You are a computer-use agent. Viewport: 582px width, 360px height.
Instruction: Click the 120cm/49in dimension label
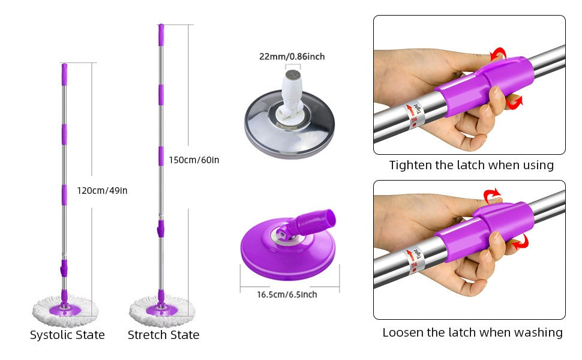pos(102,191)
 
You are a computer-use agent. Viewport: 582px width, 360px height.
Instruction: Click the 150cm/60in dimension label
pos(194,160)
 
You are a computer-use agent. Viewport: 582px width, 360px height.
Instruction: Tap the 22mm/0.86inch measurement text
pos(292,57)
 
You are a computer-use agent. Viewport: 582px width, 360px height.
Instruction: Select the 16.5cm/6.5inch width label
pos(287,295)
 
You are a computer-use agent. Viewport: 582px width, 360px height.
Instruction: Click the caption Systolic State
pos(67,335)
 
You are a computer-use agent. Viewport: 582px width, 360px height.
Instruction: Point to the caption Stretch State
pos(163,335)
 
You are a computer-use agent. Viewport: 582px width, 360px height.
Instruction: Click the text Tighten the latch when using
pos(472,165)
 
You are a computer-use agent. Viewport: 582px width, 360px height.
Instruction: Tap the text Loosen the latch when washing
pos(473,332)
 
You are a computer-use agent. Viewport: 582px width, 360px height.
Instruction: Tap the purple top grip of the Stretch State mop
pos(161,35)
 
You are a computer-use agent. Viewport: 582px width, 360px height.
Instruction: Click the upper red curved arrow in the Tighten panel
pos(499,54)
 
